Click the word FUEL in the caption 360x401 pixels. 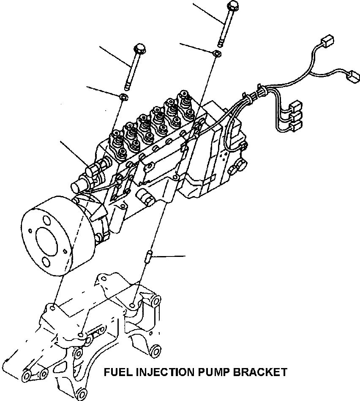(x=117, y=372)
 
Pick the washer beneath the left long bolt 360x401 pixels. (x=123, y=97)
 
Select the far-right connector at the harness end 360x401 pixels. (x=352, y=77)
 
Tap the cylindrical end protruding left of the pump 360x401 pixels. (x=80, y=186)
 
